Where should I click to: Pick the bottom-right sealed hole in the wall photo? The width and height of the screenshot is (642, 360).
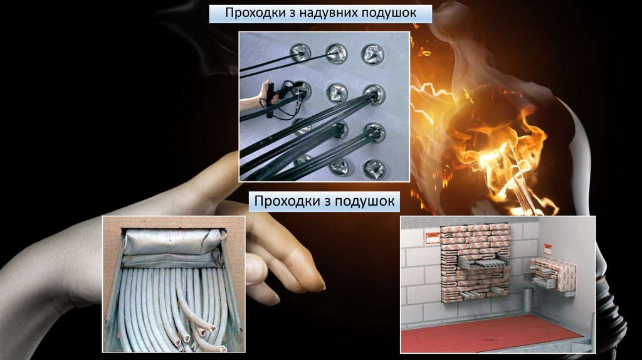pos(374,169)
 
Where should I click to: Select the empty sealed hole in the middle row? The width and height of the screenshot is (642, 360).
pos(337,93)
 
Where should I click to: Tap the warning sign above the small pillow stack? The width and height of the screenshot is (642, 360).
pos(547,248)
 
